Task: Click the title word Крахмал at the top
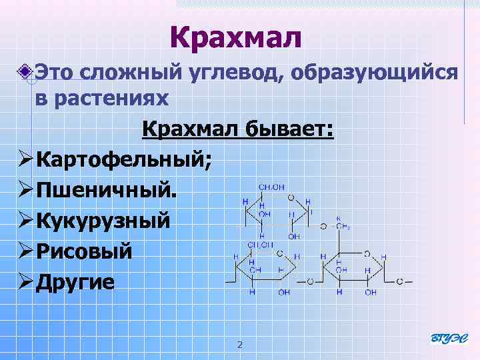tap(236, 37)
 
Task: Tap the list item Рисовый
tap(84, 251)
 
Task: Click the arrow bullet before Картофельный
tap(26, 159)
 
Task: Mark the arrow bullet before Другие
tap(26, 282)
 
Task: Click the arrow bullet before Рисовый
tap(26, 251)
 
